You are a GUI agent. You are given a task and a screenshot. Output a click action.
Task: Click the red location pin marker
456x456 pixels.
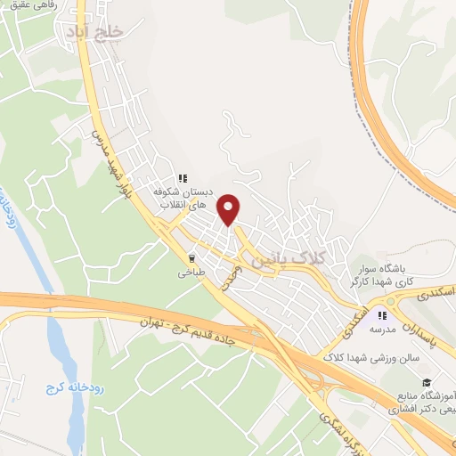click(230, 209)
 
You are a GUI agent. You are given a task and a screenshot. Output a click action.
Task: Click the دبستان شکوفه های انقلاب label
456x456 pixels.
click(183, 197)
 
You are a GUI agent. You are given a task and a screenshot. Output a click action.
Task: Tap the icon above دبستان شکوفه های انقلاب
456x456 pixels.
click(183, 177)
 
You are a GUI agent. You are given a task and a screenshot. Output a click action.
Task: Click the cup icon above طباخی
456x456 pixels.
click(191, 258)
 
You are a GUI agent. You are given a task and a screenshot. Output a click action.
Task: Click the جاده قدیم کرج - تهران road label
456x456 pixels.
click(192, 321)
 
